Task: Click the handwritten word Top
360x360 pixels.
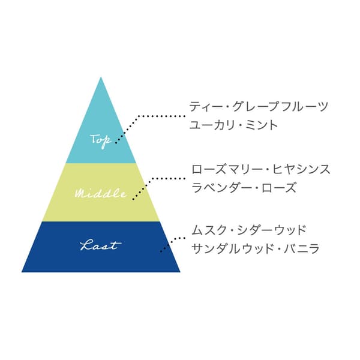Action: tap(101, 140)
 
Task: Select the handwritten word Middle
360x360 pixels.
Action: tap(101, 194)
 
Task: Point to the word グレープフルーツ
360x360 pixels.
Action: tap(280, 107)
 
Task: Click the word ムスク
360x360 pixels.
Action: tap(209, 230)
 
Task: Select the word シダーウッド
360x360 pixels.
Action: tap(271, 230)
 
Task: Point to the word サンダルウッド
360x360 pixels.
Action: tap(232, 248)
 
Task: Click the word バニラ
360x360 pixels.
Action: tap(301, 248)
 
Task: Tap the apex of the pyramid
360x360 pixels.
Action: tap(101, 77)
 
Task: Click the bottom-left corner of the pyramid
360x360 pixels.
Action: tap(22, 272)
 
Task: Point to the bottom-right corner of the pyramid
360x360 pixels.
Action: tap(180, 272)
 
